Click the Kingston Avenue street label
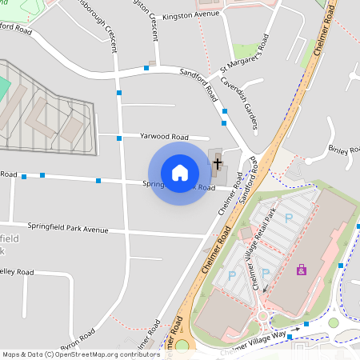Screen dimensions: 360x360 [x=191, y=14]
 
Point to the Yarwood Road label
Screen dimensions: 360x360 [x=163, y=137]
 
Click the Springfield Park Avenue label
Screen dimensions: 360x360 [x=67, y=228]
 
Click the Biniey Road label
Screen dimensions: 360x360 [x=345, y=150]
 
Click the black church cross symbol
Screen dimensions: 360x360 [x=217, y=163]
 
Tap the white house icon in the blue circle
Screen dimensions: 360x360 [x=180, y=173]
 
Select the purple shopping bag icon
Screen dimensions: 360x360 [x=301, y=270]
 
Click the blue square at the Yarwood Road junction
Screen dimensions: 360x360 [x=119, y=138]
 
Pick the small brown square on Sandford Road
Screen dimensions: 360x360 [x=151, y=62]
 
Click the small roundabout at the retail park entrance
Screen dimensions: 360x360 [x=263, y=315]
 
